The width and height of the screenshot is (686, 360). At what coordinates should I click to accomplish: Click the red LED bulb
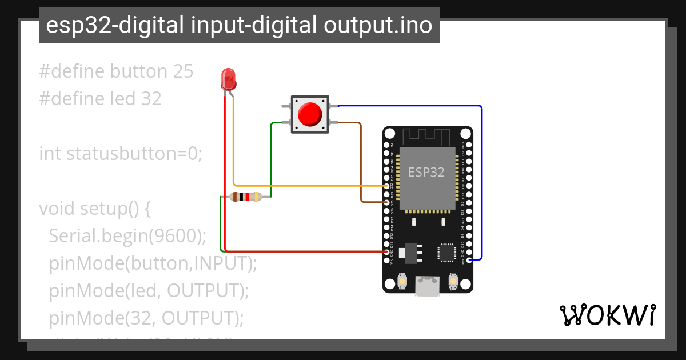(228, 79)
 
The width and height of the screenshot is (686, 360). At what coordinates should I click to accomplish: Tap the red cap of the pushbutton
(310, 114)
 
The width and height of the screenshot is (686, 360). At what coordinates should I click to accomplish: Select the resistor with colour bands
(245, 197)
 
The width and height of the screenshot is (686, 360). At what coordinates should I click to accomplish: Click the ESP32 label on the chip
(426, 172)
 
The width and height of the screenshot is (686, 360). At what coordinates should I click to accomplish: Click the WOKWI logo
(607, 315)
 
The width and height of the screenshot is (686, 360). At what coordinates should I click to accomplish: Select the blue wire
(482, 183)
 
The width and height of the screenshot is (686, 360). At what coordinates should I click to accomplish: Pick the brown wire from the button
(361, 166)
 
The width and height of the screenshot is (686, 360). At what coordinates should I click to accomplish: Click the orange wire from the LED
(234, 149)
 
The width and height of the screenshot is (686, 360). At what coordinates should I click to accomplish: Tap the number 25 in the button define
(182, 72)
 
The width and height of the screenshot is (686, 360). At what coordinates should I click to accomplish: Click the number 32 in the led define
(151, 99)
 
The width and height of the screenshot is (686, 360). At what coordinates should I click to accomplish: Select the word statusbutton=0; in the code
(134, 154)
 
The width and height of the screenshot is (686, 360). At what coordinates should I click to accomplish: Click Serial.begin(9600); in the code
(127, 235)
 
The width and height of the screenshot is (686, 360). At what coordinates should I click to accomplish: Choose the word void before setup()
(57, 209)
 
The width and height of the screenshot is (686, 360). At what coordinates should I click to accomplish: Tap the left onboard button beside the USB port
(402, 281)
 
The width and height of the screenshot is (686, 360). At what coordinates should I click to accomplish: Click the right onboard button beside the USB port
(453, 281)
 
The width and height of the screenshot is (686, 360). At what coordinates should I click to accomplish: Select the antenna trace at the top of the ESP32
(428, 137)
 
